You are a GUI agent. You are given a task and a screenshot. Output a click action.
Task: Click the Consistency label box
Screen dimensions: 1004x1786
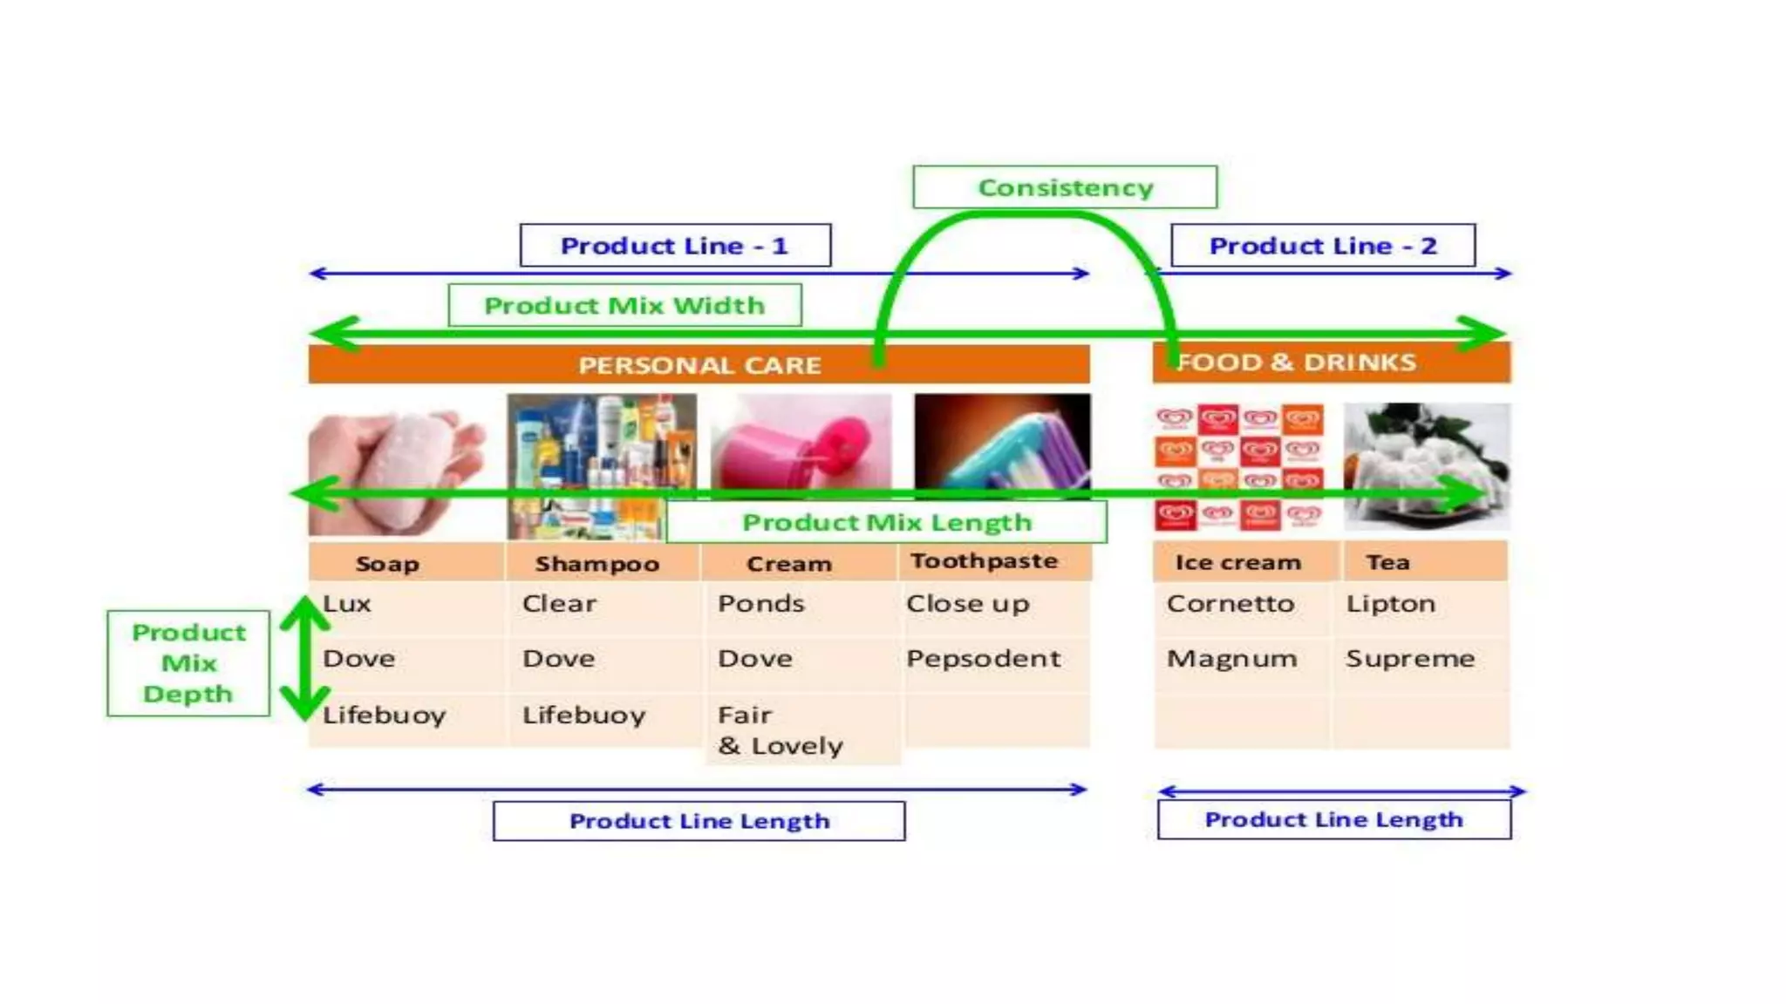pyautogui.click(x=1065, y=187)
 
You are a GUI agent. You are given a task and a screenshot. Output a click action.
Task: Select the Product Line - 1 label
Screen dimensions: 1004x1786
pyautogui.click(x=675, y=246)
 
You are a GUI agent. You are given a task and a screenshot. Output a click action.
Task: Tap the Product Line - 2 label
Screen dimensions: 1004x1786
pyautogui.click(x=1322, y=246)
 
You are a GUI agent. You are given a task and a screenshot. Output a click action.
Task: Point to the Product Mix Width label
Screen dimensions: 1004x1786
pyautogui.click(x=624, y=306)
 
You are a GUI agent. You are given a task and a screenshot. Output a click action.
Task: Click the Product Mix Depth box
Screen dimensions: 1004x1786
pyautogui.click(x=188, y=663)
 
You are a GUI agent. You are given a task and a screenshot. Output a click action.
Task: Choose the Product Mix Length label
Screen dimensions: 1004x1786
pyautogui.click(x=886, y=522)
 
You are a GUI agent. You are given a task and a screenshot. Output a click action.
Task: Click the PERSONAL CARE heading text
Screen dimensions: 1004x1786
pyautogui.click(x=699, y=365)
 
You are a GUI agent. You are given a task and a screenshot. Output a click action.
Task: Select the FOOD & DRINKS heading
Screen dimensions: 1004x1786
pyautogui.click(x=1296, y=363)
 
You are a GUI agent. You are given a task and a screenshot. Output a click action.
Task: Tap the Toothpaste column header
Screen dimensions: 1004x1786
pyautogui.click(x=984, y=561)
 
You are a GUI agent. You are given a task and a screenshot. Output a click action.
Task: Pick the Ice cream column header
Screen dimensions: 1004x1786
pyautogui.click(x=1237, y=563)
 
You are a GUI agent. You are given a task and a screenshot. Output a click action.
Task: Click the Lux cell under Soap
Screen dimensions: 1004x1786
pyautogui.click(x=347, y=604)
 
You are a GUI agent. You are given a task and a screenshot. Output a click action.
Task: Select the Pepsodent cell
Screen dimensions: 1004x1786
pyautogui.click(x=983, y=659)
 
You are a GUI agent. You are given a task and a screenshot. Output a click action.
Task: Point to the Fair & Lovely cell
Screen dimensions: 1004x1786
pyautogui.click(x=780, y=730)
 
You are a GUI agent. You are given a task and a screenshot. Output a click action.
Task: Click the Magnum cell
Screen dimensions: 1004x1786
pyautogui.click(x=1231, y=659)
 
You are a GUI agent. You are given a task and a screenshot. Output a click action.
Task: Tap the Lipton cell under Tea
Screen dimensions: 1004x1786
pyautogui.click(x=1390, y=604)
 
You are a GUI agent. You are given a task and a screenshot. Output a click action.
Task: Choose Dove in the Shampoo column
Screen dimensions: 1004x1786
pyautogui.click(x=558, y=659)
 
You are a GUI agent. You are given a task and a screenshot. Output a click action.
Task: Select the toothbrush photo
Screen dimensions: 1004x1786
pyautogui.click(x=1002, y=444)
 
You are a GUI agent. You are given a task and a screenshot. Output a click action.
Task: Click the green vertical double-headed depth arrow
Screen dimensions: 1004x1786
pyautogui.click(x=304, y=659)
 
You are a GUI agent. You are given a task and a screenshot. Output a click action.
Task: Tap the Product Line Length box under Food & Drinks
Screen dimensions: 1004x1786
pyautogui.click(x=1333, y=819)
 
